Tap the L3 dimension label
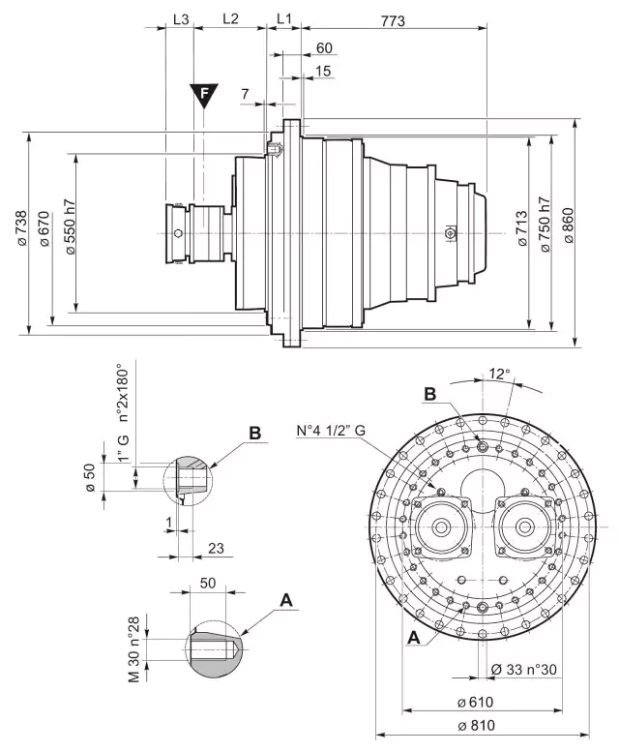179,18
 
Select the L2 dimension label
230,18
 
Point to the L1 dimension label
284,18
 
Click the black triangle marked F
203,94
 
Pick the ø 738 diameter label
22,231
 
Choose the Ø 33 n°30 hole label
523,669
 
